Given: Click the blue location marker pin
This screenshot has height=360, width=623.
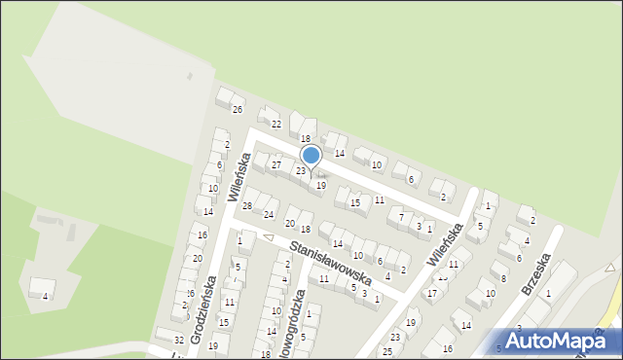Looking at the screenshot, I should pos(311,156).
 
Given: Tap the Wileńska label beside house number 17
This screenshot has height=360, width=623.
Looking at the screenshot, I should pos(448,238).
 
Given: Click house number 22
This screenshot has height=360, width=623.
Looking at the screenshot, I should pos(276,124).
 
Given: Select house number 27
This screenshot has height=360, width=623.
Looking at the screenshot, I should pos(276,165).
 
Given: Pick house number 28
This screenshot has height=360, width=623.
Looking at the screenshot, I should pos(247,205).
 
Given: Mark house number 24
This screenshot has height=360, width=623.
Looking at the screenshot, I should pos(269,214).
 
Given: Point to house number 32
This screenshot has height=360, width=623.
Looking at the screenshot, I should pos(178,340).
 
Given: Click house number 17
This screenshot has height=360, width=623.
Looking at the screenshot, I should pos(431,293).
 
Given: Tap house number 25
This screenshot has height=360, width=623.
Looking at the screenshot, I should pos(386,351).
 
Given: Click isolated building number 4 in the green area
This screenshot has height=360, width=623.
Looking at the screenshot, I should pos(44,296).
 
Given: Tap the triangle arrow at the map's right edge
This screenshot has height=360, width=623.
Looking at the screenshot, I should pos(610,266).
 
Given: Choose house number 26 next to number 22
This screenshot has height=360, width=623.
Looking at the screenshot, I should pos(237,109).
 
